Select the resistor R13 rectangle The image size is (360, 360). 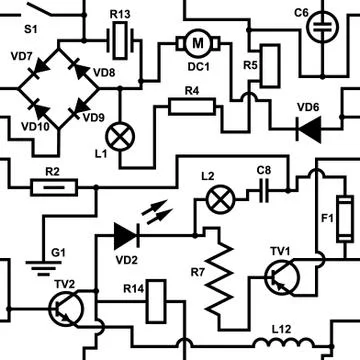(121, 41)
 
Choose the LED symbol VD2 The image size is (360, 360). (126, 235)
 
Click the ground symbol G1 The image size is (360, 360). (39, 266)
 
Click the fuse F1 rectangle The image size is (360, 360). (343, 216)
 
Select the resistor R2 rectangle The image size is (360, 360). (54, 185)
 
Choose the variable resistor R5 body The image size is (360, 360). (266, 62)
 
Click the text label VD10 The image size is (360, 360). (33, 127)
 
